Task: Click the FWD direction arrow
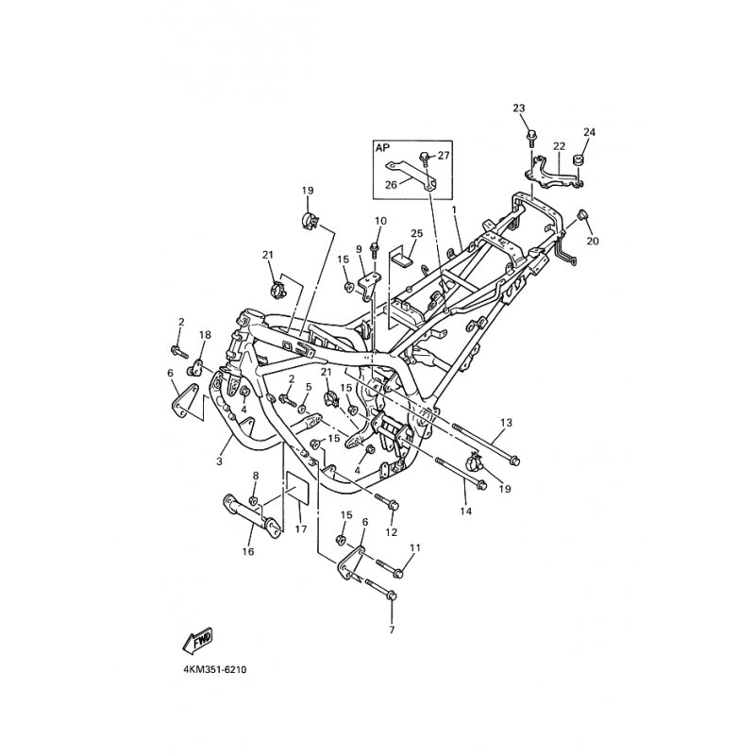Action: (197, 641)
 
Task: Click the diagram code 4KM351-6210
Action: (215, 670)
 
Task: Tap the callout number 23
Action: (518, 108)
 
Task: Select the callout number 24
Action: (589, 132)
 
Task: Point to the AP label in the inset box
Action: (382, 148)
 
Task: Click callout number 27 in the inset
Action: (443, 156)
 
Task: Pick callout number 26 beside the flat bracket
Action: (391, 184)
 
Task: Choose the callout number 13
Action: (506, 423)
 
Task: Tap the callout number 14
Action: (465, 511)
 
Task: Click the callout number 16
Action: (248, 552)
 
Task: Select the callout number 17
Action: (301, 529)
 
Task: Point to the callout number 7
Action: (392, 629)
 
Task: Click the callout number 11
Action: (415, 548)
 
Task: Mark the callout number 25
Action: (416, 233)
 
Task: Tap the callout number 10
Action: (380, 221)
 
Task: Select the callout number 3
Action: (219, 461)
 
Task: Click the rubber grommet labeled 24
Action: (577, 159)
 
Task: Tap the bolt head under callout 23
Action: (531, 135)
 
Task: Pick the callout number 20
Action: (593, 241)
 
